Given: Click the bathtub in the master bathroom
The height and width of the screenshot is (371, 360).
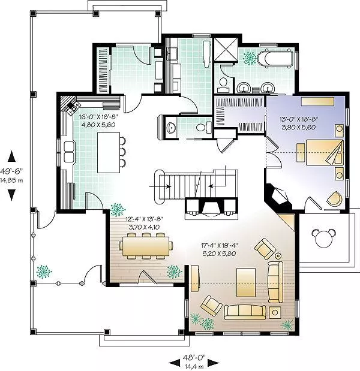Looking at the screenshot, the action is pyautogui.click(x=275, y=58).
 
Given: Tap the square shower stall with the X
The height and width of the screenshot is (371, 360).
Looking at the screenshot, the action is pyautogui.click(x=226, y=50).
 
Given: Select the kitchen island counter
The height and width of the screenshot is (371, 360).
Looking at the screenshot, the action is pyautogui.click(x=109, y=153).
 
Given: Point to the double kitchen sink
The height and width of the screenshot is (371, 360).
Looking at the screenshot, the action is pyautogui.click(x=68, y=152).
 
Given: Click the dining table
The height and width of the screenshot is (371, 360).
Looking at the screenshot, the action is pyautogui.click(x=145, y=246).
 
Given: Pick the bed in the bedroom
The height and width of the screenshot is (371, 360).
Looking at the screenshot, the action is pyautogui.click(x=324, y=153).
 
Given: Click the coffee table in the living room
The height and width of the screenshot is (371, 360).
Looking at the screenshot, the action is pyautogui.click(x=246, y=282).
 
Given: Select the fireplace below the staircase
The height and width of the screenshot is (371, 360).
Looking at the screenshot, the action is pyautogui.click(x=211, y=208).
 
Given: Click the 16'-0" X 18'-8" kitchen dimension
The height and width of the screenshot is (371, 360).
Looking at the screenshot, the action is pyautogui.click(x=98, y=117).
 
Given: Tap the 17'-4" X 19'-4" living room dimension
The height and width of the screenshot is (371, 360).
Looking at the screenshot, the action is pyautogui.click(x=220, y=245).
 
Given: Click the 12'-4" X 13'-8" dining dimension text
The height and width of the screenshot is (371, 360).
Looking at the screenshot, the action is pyautogui.click(x=144, y=219).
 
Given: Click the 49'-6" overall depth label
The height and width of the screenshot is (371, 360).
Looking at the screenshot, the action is pyautogui.click(x=11, y=171).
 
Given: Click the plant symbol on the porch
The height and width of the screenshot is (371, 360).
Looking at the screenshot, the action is pyautogui.click(x=44, y=272).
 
